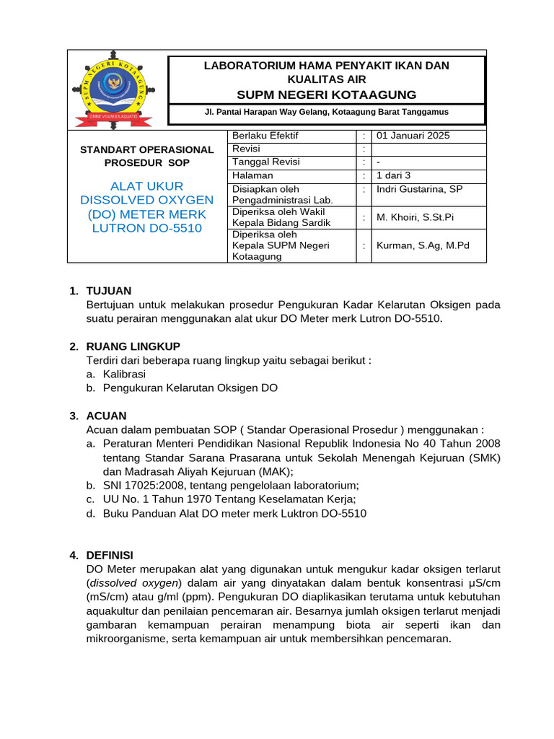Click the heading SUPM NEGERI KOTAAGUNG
pos(327,95)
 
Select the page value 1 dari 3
pos(393,175)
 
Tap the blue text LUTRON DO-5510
pos(146,228)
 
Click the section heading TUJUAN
pos(109,291)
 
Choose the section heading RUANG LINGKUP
pos(133,346)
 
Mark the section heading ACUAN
pos(106,416)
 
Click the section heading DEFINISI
pos(110,555)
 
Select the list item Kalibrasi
pos(124,374)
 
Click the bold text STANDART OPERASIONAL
pos(146,149)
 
